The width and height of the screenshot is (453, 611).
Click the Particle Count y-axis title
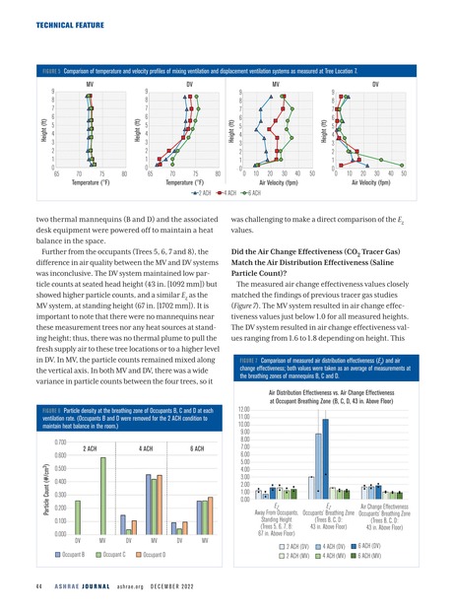(19, 503)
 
